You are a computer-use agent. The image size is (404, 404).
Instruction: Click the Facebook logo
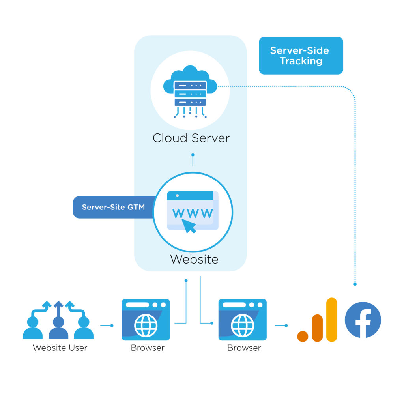click(x=363, y=320)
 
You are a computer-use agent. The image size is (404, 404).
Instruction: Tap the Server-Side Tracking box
click(x=301, y=56)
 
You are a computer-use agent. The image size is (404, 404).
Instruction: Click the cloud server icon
click(x=190, y=91)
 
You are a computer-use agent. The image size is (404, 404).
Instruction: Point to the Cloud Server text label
click(x=191, y=138)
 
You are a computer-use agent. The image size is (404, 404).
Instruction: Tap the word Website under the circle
click(x=194, y=259)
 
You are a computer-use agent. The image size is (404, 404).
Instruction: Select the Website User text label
click(x=60, y=348)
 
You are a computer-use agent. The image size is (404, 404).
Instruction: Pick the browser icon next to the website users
click(x=146, y=320)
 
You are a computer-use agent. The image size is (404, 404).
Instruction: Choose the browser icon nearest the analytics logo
click(x=243, y=320)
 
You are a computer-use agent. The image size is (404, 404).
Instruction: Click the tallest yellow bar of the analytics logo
click(x=332, y=320)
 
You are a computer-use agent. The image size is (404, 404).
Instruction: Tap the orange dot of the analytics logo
click(x=303, y=336)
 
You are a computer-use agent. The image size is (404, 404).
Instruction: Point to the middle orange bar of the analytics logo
click(x=317, y=328)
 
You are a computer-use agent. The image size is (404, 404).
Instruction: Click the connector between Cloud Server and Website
click(x=193, y=160)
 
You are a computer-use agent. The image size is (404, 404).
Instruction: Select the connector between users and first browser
click(x=107, y=325)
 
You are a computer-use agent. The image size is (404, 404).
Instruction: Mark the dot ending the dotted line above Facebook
click(x=355, y=284)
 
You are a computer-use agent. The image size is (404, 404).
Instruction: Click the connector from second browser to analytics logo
click(x=281, y=325)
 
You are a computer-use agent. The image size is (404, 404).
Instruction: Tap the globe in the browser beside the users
click(x=146, y=325)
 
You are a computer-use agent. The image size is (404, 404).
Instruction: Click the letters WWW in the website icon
click(x=193, y=213)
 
